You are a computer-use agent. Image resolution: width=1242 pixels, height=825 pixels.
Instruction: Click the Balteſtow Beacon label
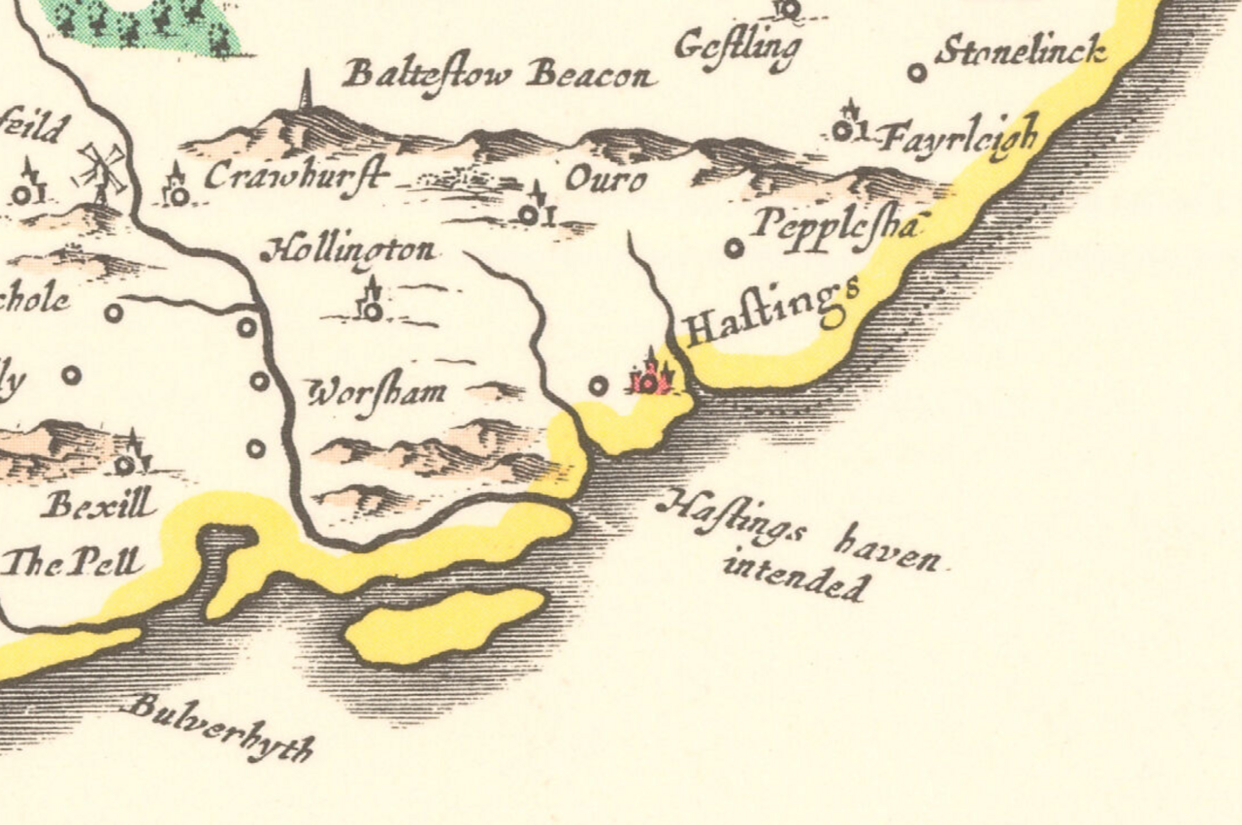[x=498, y=75]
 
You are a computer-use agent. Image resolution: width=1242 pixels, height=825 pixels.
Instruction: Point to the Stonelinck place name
[x=1020, y=51]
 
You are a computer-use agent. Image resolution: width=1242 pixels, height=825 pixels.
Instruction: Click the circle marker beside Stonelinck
[x=916, y=72]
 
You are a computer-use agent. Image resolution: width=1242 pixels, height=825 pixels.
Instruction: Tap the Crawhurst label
[x=295, y=176]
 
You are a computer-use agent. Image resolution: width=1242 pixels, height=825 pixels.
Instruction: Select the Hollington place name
[x=348, y=250]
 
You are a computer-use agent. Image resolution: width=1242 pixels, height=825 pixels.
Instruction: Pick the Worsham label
[x=377, y=392]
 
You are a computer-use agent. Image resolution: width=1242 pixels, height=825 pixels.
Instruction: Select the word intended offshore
[x=795, y=577]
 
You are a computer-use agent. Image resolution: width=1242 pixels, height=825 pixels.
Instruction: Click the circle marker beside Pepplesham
[x=735, y=248]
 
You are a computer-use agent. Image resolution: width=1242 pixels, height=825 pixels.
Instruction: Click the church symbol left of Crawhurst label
[x=178, y=192]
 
